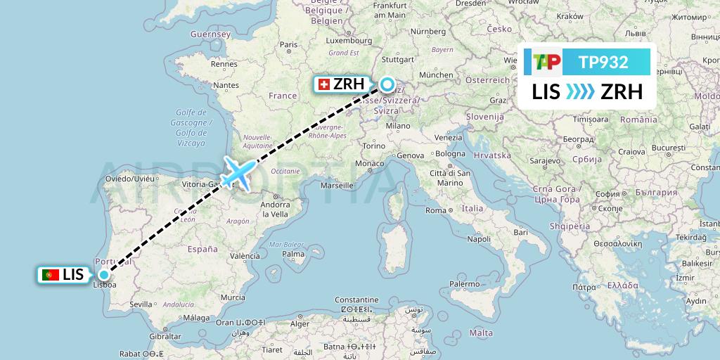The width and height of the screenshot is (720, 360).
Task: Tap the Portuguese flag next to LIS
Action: (51, 275)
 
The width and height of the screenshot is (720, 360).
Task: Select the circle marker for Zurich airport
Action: (387, 85)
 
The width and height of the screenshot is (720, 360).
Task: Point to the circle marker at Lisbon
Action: (104, 275)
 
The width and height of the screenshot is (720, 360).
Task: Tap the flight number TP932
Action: (603, 63)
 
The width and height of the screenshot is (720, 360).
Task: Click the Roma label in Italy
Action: (436, 210)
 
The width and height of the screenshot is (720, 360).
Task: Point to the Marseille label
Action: (335, 186)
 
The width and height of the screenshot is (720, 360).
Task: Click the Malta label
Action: (481, 333)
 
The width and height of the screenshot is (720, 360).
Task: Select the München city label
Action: (435, 75)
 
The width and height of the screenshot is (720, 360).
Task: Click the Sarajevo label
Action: (544, 160)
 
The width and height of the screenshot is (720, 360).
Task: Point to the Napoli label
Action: (478, 239)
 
